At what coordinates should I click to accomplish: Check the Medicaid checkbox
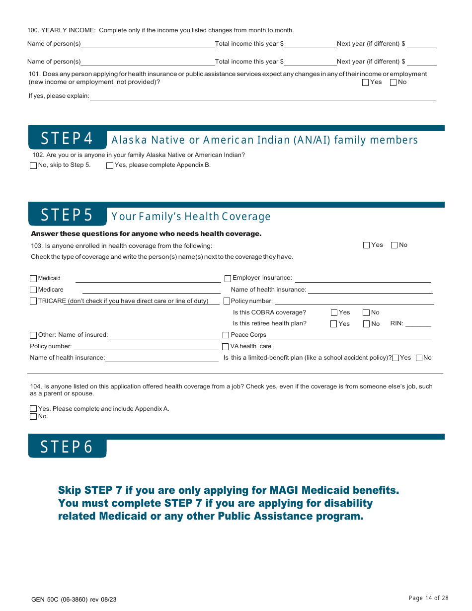coord(33,279)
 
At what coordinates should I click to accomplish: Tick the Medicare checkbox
coord(33,290)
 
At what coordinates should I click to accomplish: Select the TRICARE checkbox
coord(33,301)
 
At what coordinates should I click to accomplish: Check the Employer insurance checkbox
coord(228,279)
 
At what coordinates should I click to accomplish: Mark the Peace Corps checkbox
coord(226,335)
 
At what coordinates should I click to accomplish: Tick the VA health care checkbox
coord(226,347)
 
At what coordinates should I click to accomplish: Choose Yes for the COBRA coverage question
coord(334,313)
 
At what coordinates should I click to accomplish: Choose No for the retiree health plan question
coord(366,324)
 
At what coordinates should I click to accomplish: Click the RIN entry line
coord(418,324)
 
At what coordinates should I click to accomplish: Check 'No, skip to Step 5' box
coord(33,165)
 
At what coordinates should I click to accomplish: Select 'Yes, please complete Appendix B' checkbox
coord(110,165)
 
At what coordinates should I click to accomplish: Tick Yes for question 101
coord(366,82)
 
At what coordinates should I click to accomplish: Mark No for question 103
coord(394,245)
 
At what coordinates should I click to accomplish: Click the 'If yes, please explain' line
coord(262,96)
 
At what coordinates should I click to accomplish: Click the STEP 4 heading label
coord(67,139)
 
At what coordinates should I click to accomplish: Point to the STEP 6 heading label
coord(67,447)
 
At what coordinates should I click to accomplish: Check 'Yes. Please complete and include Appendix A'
coord(33,409)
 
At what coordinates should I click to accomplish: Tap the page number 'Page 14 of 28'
coord(428,598)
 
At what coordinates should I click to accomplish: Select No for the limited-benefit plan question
coord(419,358)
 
